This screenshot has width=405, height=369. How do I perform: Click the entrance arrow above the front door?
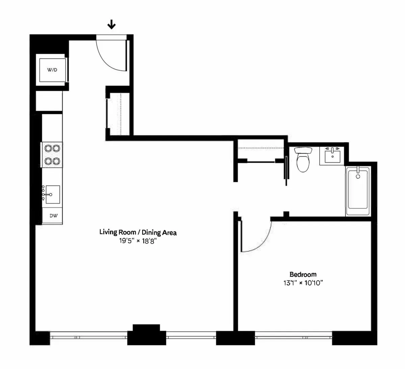tap(111, 24)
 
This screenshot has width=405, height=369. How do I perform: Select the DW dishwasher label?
tap(53, 216)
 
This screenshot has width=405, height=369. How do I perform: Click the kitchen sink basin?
tap(53, 195)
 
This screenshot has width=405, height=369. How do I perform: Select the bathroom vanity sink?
tap(333, 156)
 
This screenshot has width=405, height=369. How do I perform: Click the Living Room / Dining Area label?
tap(138, 232)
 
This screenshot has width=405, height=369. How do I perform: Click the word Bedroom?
tap(303, 274)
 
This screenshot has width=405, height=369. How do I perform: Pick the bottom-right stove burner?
tap(57, 161)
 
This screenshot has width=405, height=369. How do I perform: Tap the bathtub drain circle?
tap(358, 176)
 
